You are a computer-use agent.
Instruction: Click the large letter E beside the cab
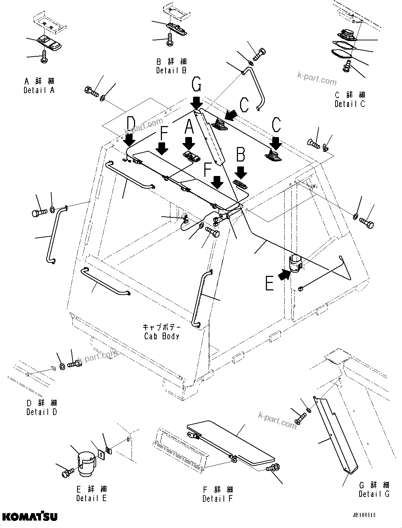(270, 284)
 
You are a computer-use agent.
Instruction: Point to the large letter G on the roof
(197, 86)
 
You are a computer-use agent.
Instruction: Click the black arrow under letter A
(189, 143)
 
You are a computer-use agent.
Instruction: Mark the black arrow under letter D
(129, 140)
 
